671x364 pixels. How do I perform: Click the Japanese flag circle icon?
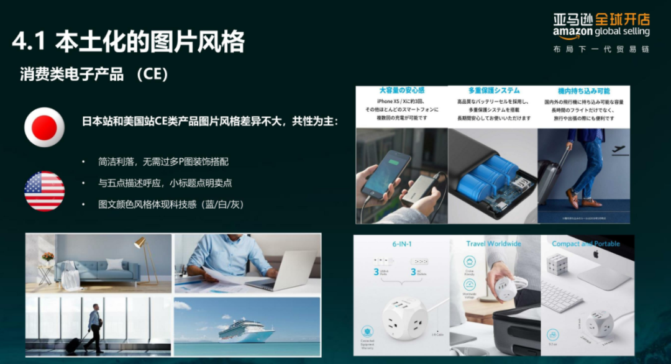[44, 127]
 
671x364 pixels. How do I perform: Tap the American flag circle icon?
[44, 191]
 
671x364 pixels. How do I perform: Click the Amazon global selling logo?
[601, 25]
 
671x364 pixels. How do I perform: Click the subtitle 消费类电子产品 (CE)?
[94, 75]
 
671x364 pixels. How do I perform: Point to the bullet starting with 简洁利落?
[163, 162]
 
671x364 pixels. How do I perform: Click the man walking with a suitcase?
[93, 328]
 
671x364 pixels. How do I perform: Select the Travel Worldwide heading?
[493, 243]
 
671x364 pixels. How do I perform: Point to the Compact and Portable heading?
[586, 243]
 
